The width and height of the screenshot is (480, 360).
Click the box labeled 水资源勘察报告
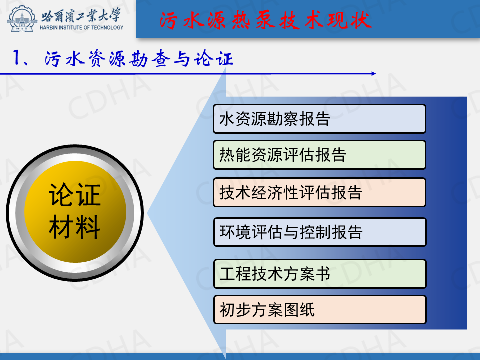[319, 119]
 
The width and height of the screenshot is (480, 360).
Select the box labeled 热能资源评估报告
[319, 155]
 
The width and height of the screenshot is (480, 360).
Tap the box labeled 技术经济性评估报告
[319, 192]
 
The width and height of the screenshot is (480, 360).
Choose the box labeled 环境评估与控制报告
[320, 232]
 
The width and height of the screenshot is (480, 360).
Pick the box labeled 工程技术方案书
[320, 274]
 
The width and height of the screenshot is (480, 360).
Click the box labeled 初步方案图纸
[320, 310]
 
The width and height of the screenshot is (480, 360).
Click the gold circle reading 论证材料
[75, 212]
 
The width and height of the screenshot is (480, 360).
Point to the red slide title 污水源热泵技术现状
[265, 20]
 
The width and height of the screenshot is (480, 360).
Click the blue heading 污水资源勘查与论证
[139, 58]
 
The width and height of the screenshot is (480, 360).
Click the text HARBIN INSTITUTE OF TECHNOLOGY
[81, 28]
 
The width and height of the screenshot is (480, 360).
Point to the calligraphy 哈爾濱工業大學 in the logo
[81, 15]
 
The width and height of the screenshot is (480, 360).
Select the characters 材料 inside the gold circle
[75, 227]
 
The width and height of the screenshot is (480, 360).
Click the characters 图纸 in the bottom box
[299, 310]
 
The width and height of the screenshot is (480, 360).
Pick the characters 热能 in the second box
[235, 155]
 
